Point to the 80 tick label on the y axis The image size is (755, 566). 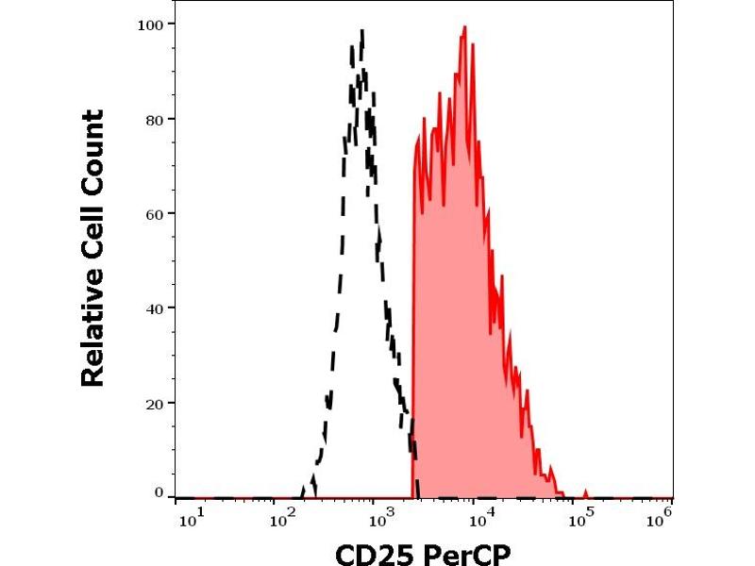point(156,119)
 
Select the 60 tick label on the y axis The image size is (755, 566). point(156,213)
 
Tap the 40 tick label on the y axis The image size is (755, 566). point(156,308)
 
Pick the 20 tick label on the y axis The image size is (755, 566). point(156,403)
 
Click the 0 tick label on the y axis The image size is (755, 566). point(159,492)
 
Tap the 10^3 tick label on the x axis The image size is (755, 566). point(382,518)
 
